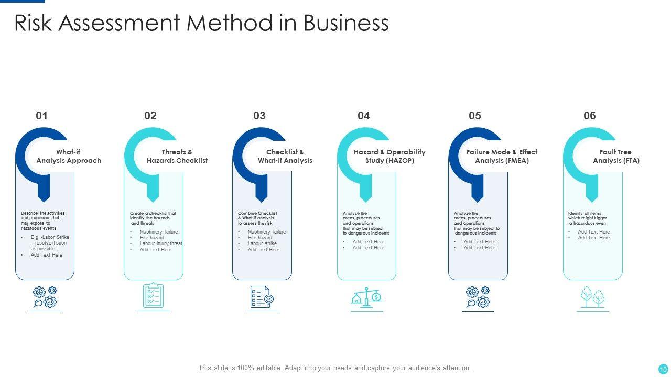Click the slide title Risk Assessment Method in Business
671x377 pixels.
pos(201,23)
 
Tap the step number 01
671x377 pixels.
pos(41,116)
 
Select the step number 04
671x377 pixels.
pos(364,116)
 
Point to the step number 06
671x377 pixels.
pos(590,116)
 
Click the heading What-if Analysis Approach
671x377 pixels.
pos(69,157)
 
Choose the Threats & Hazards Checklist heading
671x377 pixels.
pos(177,157)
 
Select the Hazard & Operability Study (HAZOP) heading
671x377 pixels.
pos(389,157)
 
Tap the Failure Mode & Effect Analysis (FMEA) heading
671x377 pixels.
pos(502,157)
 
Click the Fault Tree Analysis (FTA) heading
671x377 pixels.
pos(616,157)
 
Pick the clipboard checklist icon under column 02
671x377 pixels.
pos(154,296)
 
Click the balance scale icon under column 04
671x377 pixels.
pos(367,297)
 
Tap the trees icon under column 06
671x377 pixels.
pos(593,297)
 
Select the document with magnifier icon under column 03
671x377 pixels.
pos(262,297)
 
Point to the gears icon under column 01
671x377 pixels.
pos(45,297)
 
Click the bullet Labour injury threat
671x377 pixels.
pos(161,243)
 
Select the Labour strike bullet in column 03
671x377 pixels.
pos(262,243)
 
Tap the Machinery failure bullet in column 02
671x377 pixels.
pos(158,232)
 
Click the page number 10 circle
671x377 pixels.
pos(663,369)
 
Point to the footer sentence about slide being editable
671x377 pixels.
pos(334,368)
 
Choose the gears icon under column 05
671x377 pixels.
pos(478,297)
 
